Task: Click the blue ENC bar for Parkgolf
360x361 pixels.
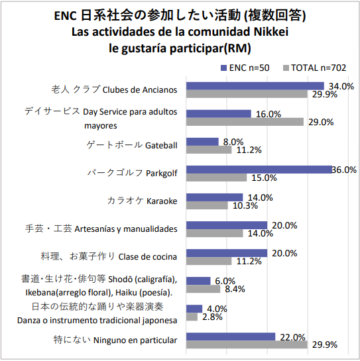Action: [259, 170]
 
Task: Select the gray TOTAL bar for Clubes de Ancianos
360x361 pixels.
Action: [247, 94]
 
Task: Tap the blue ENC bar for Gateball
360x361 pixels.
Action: [202, 142]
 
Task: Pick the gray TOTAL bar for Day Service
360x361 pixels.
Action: [245, 122]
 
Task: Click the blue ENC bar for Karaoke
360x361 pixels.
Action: [215, 197]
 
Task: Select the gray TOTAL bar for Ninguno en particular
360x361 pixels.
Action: [247, 344]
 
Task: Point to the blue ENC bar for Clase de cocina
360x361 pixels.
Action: [227, 253]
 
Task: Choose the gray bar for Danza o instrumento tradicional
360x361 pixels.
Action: [192, 317]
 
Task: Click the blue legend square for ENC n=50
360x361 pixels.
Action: [223, 68]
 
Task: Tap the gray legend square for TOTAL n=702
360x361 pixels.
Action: [286, 68]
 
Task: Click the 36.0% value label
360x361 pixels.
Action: [344, 170]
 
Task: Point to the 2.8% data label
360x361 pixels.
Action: [212, 317]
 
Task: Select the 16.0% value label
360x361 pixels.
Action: [269, 114]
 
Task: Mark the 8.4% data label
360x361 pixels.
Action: [235, 289]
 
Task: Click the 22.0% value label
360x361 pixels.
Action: [292, 337]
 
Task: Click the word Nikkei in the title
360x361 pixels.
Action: [271, 32]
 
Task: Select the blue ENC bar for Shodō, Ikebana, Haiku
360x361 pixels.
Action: [198, 281]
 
